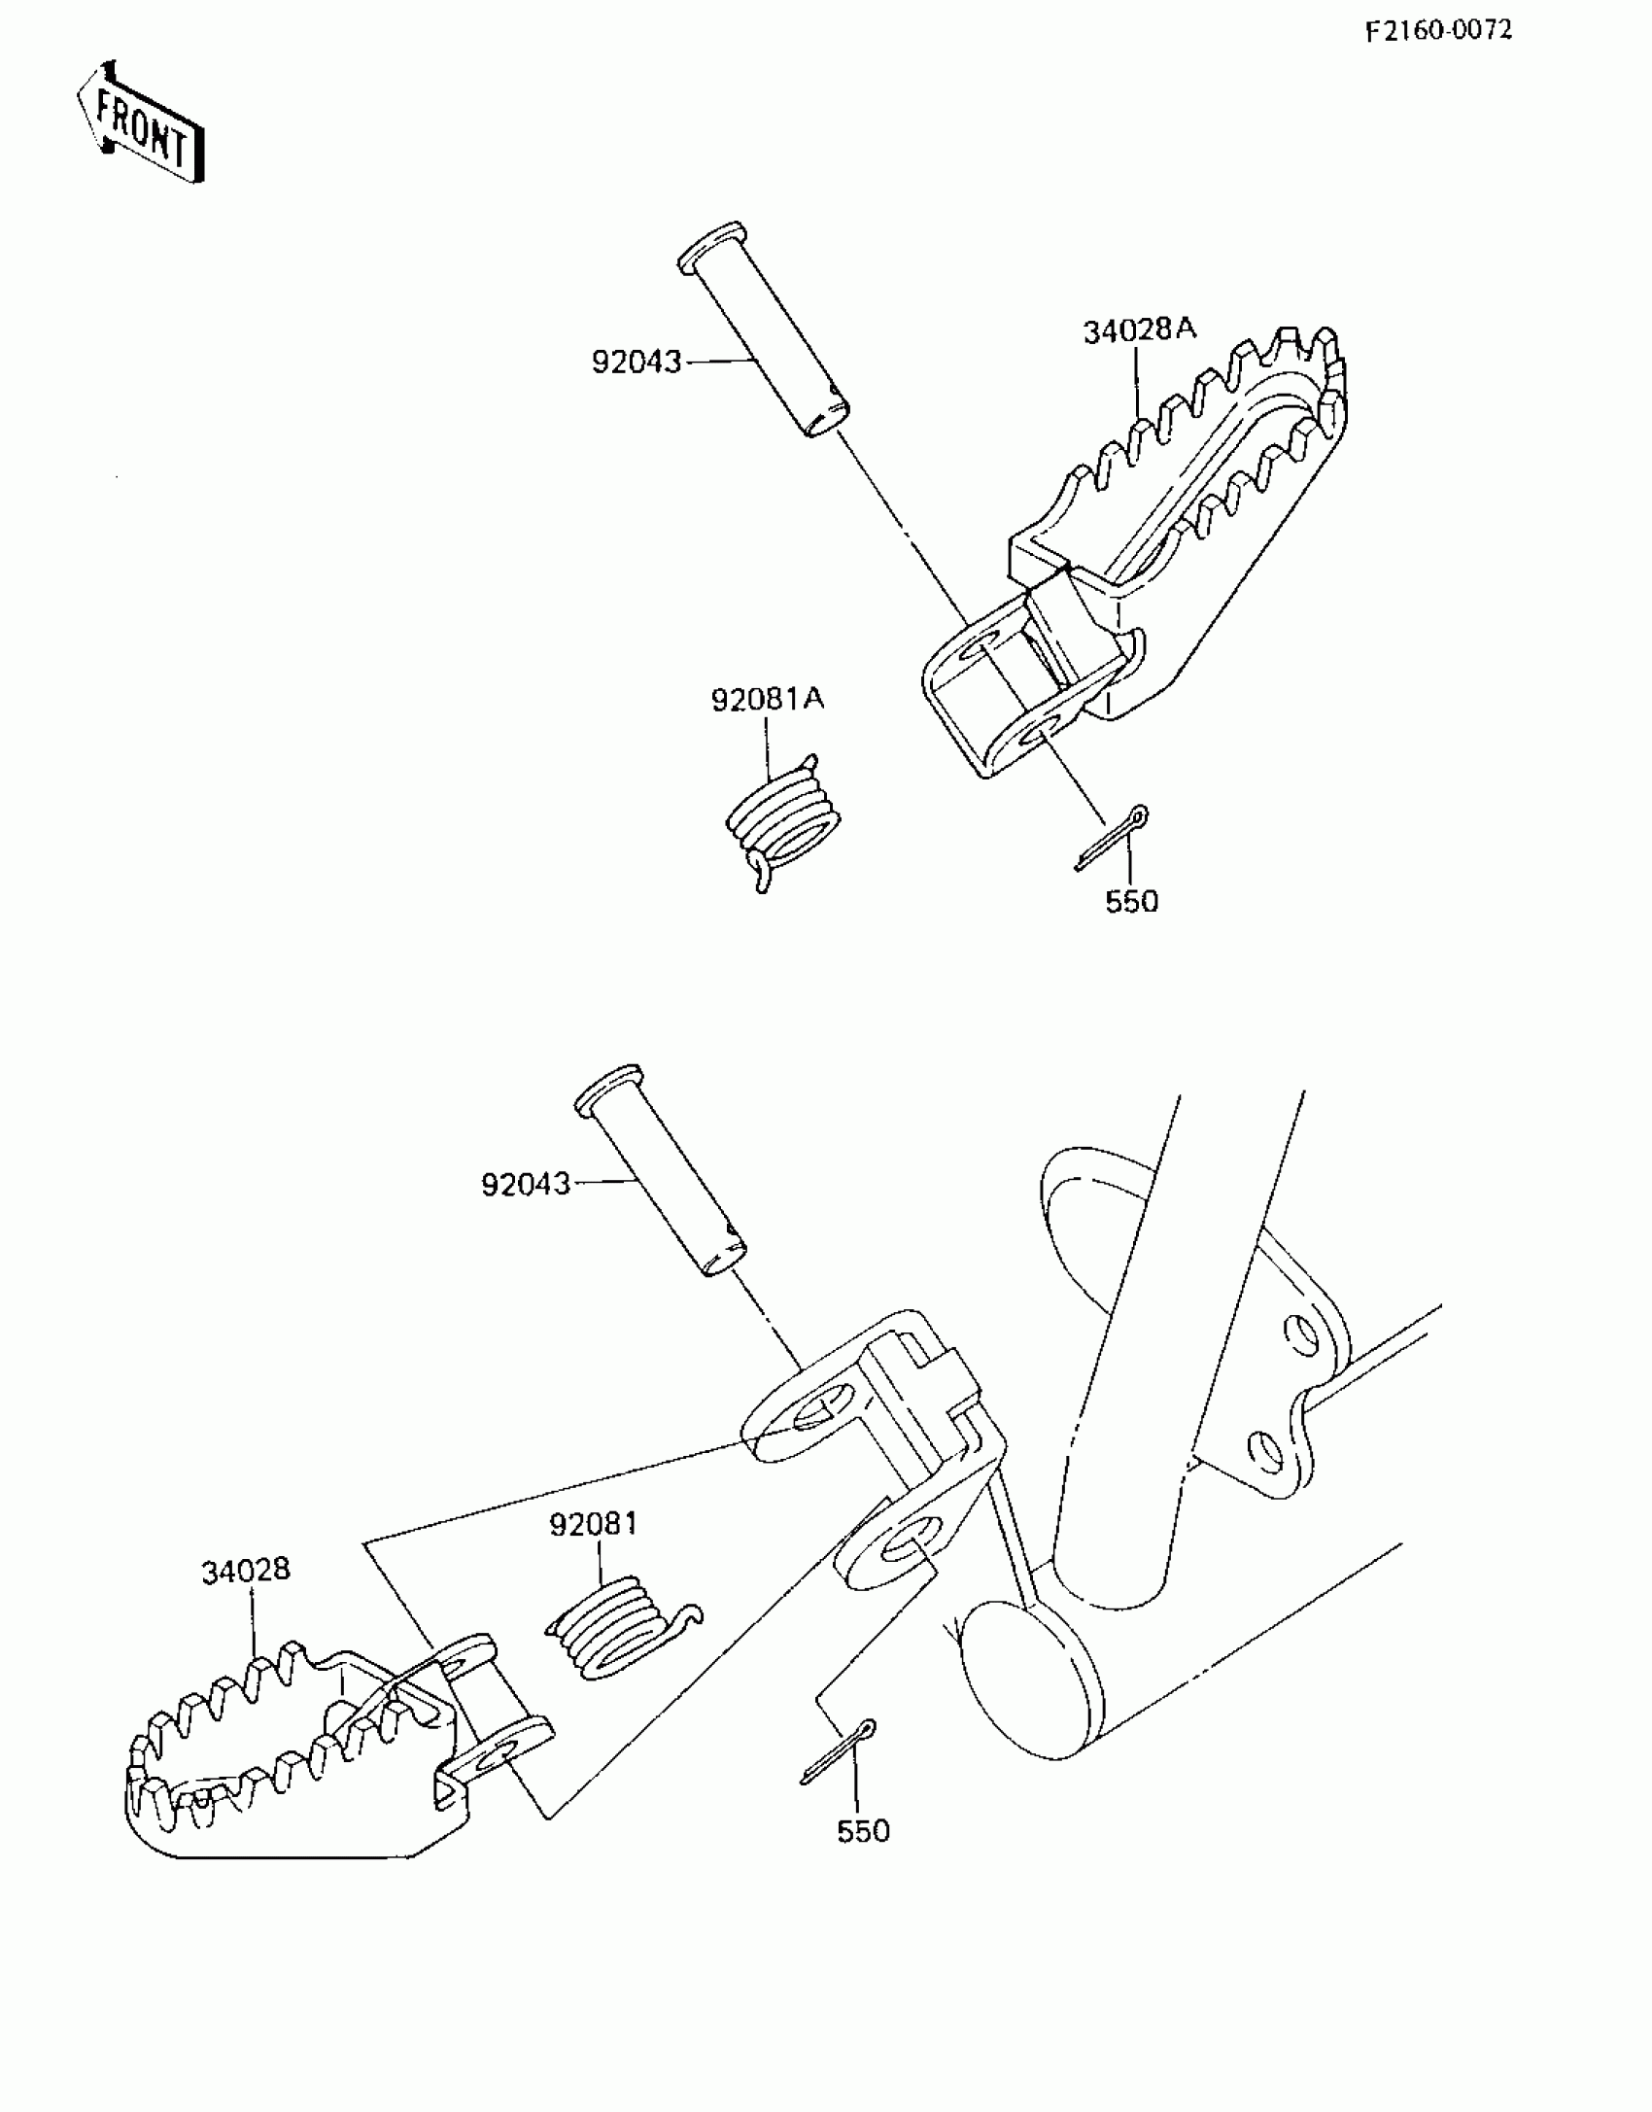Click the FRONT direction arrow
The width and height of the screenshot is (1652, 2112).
coord(141,123)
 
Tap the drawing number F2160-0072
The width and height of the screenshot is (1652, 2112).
coord(1438,31)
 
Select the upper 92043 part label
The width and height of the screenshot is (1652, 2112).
coord(637,363)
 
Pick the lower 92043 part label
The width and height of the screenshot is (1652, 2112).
coord(526,1184)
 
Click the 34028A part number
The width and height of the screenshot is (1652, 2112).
coord(1139,330)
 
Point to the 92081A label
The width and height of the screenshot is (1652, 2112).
coord(767,699)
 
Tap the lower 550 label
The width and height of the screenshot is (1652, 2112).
coord(863,1831)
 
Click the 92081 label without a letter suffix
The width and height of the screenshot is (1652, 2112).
coord(593,1524)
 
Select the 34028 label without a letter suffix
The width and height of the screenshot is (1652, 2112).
coord(246,1571)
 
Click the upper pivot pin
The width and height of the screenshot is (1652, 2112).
coord(763,330)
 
